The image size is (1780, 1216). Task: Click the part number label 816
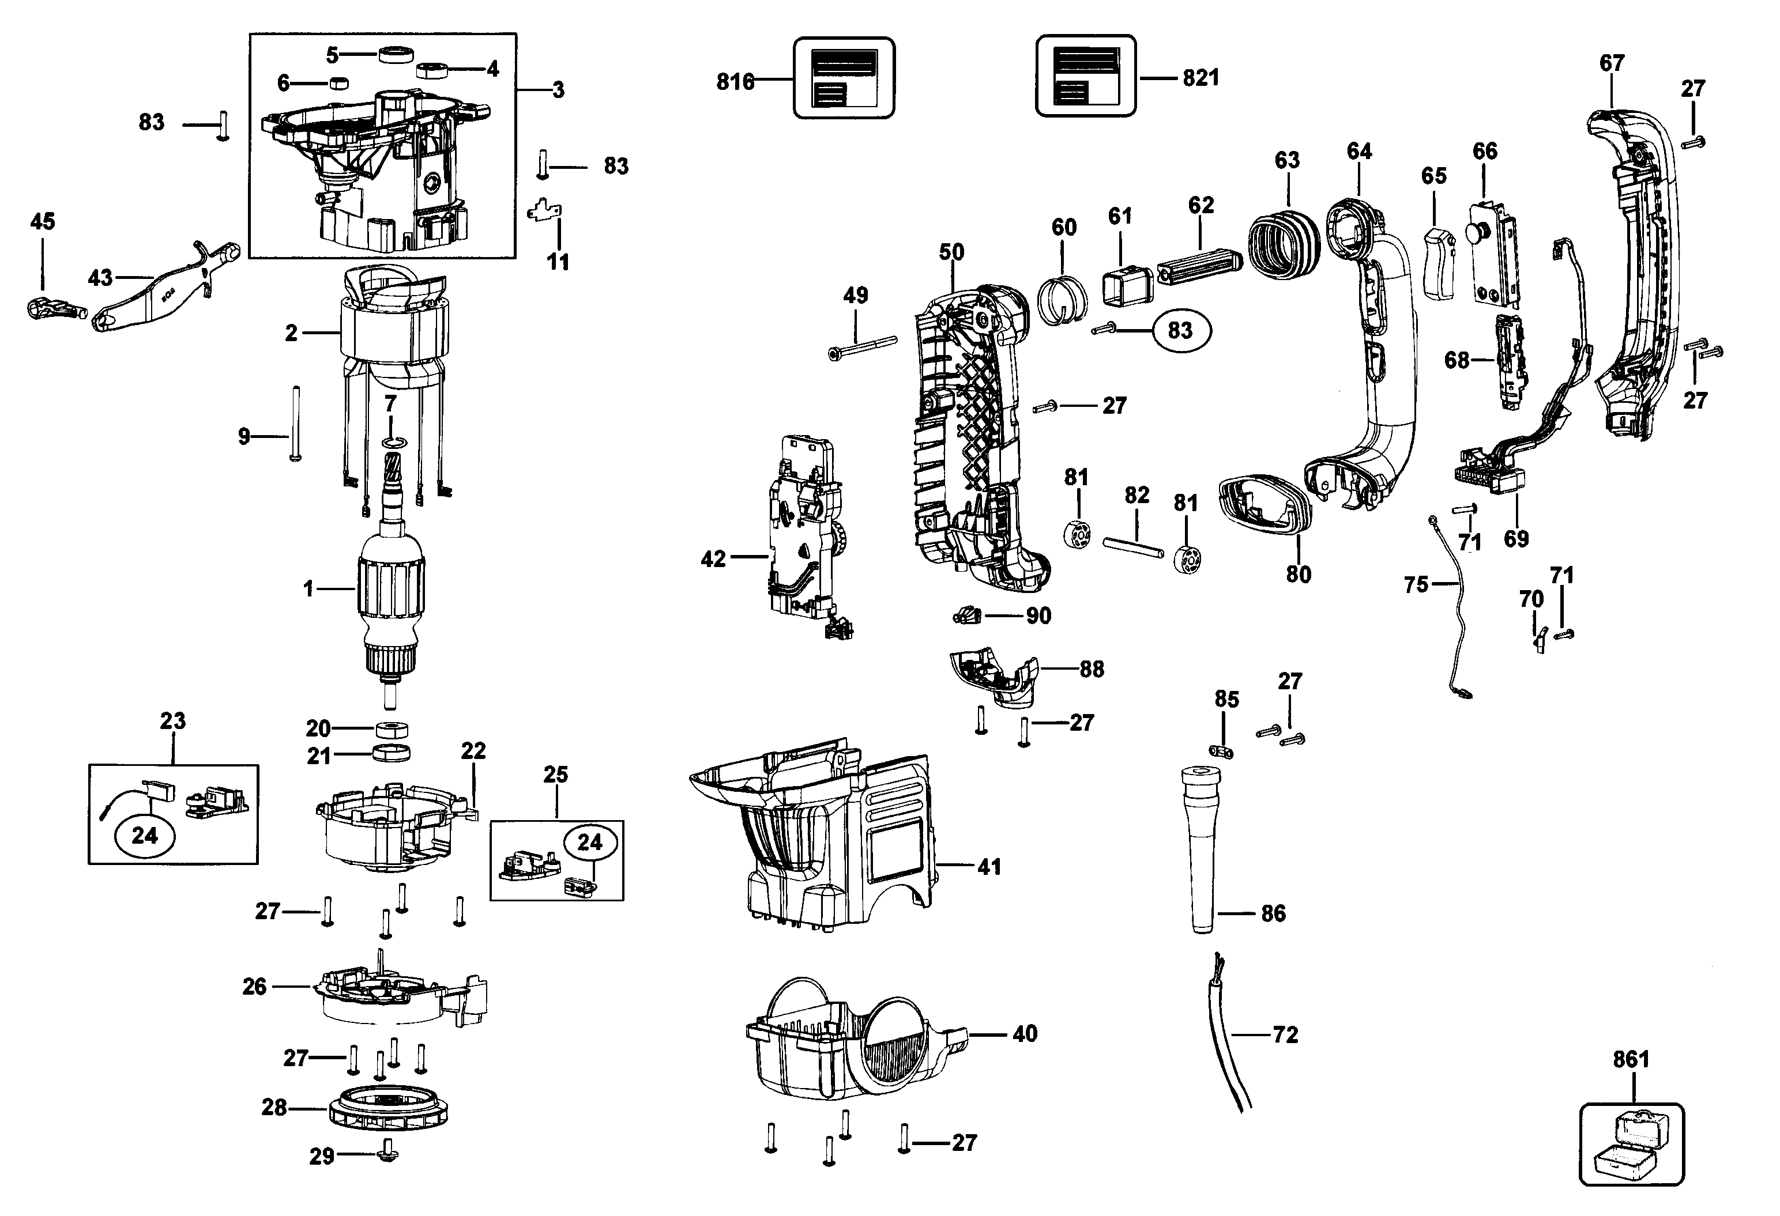(735, 81)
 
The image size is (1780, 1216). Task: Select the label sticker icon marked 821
(1085, 77)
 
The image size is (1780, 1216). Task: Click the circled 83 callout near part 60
(1180, 330)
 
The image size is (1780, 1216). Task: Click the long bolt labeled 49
(863, 347)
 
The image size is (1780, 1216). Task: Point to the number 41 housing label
(989, 867)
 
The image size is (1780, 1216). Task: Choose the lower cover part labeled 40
(850, 1037)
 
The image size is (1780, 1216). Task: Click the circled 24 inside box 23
(145, 836)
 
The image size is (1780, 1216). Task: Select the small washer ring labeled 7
(392, 443)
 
